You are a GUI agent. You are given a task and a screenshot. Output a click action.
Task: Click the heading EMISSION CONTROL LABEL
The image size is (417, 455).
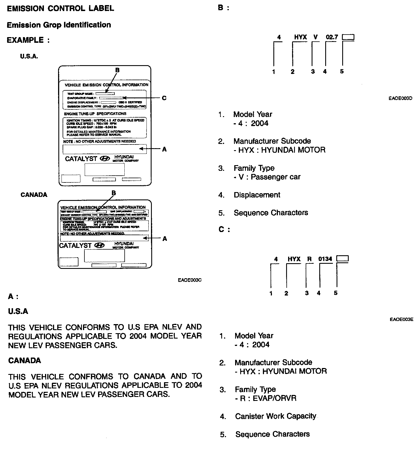(60, 8)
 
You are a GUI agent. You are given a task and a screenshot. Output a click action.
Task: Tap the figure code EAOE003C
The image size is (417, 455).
(190, 280)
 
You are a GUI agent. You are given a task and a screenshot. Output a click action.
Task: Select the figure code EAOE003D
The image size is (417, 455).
(400, 98)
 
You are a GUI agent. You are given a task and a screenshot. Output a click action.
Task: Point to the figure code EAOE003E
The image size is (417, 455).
(401, 320)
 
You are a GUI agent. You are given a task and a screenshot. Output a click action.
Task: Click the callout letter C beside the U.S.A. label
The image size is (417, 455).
(164, 98)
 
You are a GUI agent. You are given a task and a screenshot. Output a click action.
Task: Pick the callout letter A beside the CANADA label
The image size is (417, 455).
(165, 239)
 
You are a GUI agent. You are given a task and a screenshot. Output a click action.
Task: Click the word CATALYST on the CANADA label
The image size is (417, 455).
(75, 246)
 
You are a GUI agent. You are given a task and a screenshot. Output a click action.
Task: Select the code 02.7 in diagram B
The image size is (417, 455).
(332, 37)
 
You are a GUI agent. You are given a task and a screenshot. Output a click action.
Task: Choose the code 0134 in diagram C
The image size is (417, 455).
(325, 259)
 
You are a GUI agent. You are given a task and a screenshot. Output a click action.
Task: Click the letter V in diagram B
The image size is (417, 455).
(315, 37)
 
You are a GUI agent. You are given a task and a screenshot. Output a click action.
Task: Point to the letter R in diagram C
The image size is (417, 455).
(309, 259)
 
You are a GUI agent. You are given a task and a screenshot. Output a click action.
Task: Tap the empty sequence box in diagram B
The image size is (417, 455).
(348, 37)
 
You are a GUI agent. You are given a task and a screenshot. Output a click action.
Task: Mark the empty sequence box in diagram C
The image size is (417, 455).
(342, 258)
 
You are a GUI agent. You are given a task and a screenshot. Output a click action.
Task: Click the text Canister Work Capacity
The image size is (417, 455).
(275, 416)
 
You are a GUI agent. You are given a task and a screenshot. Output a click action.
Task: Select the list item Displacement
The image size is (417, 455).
(257, 195)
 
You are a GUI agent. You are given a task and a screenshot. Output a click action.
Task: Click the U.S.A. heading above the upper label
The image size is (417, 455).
(29, 56)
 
